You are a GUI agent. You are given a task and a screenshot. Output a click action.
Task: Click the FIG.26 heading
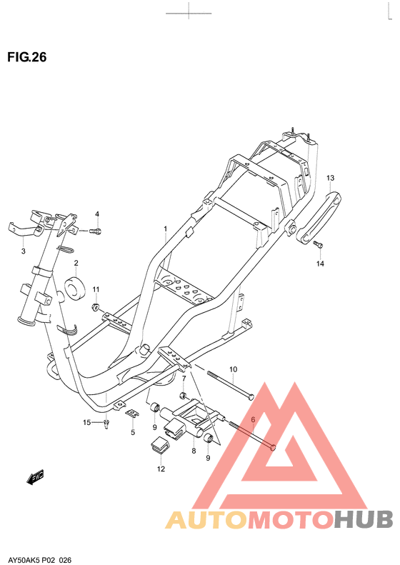[26, 58]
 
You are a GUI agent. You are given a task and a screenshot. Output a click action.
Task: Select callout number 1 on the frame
[164, 229]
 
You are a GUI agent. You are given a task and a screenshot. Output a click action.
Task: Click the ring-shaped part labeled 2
[75, 287]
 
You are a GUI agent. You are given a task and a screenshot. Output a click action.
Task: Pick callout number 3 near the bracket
[23, 251]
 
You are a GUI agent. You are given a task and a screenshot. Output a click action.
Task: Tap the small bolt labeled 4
[97, 231]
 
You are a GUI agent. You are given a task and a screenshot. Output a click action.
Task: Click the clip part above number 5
[132, 412]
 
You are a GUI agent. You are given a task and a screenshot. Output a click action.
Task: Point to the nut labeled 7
[183, 396]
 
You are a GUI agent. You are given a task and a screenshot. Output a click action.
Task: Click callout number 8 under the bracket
[192, 451]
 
